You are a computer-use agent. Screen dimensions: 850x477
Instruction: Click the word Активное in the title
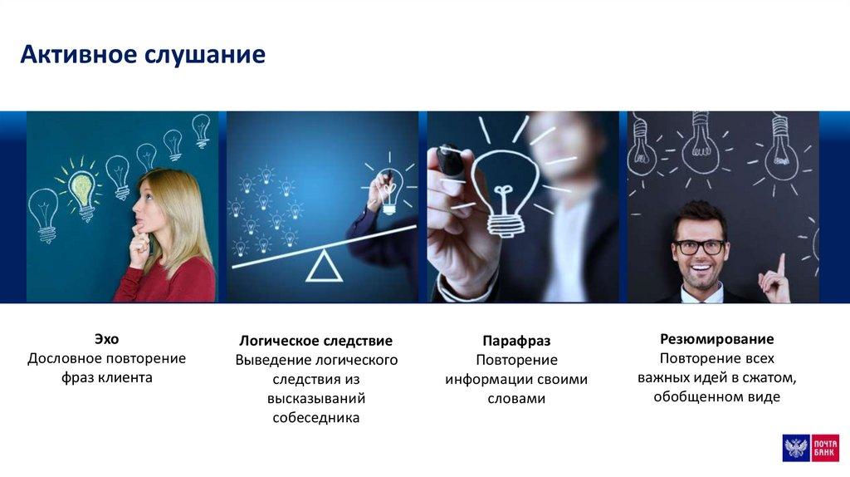[79, 54]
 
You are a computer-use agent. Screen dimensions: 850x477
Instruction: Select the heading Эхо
[107, 339]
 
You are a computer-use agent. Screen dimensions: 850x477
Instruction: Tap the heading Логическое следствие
[316, 341]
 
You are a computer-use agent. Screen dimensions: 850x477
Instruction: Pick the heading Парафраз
[516, 342]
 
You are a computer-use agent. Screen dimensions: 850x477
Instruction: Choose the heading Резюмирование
[716, 339]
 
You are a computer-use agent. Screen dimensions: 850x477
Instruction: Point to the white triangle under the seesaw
[325, 266]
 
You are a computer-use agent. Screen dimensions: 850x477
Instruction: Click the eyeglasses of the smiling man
[699, 247]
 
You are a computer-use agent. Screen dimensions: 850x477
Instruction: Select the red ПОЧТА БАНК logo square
[825, 448]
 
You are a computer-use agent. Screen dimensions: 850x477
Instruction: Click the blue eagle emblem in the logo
[796, 448]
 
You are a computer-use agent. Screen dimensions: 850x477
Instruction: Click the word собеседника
[316, 418]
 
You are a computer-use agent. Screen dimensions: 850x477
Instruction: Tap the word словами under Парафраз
[516, 399]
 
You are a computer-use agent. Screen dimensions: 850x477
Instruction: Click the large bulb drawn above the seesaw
[389, 190]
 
